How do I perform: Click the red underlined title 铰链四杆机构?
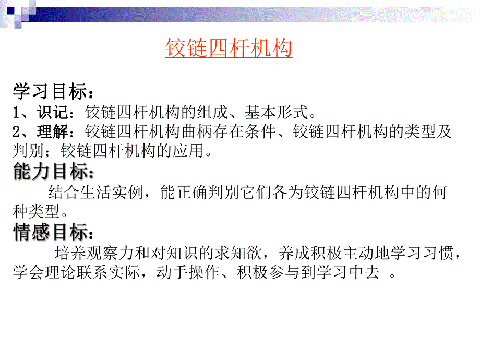click(229, 49)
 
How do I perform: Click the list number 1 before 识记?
click(17, 112)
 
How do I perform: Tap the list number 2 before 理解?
click(17, 131)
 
